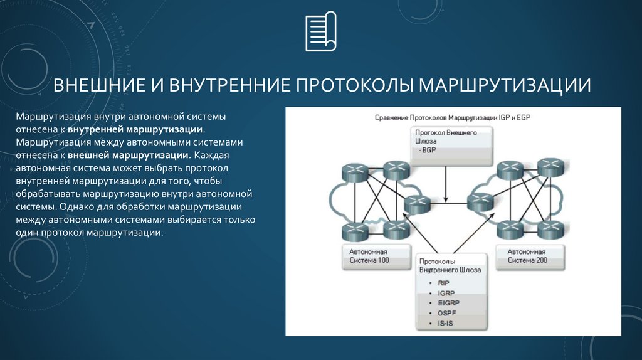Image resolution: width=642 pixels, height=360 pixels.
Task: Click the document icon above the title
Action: (x=320, y=33)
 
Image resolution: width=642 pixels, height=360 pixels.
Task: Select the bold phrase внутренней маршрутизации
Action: (x=135, y=129)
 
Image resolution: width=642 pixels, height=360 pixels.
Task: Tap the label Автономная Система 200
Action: (x=527, y=255)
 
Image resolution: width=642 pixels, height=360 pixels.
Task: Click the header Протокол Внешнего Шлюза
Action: (x=446, y=137)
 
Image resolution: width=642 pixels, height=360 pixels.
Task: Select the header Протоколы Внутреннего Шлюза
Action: (x=450, y=265)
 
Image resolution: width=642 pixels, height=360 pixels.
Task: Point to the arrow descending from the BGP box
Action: (x=446, y=182)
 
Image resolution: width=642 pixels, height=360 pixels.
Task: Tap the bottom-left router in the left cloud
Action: (x=355, y=231)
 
